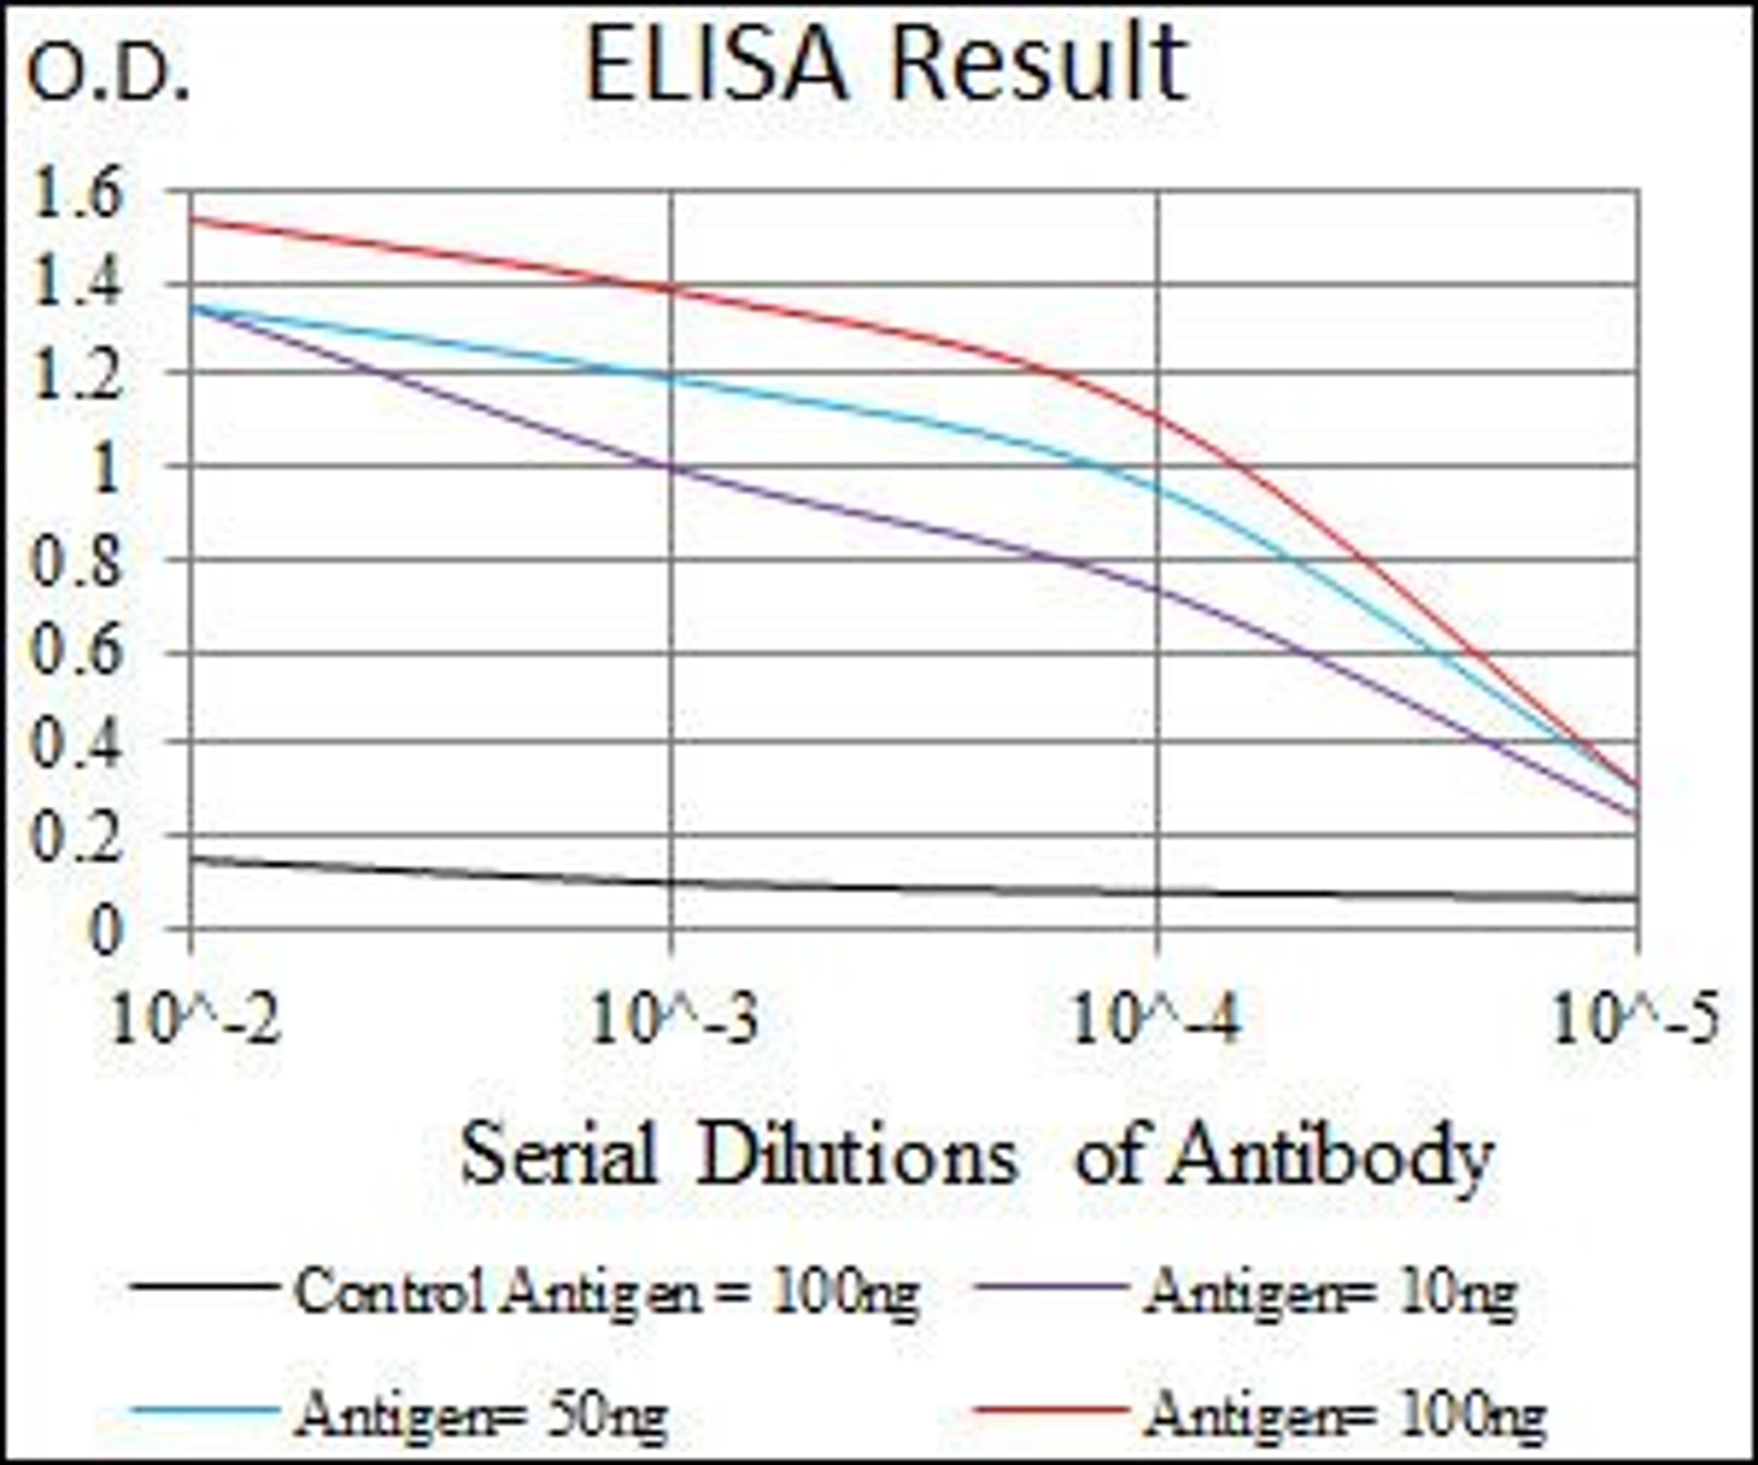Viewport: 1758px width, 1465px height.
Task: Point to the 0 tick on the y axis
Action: tap(105, 932)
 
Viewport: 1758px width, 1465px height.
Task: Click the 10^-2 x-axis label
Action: tap(194, 1021)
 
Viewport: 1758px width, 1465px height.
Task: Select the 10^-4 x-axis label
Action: tap(1155, 1021)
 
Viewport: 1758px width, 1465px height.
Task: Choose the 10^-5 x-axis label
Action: tap(1637, 1021)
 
